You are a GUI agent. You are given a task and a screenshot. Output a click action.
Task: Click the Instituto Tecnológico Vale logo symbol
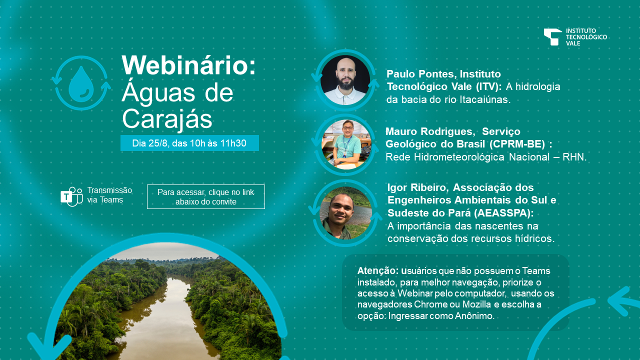[x=552, y=37]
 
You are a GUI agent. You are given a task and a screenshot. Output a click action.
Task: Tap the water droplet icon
[x=81, y=84]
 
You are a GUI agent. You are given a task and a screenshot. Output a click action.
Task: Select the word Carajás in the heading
[x=167, y=119]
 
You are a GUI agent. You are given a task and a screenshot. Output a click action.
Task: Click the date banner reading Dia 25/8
[x=189, y=143]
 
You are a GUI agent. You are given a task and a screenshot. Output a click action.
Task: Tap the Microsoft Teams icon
[x=71, y=196]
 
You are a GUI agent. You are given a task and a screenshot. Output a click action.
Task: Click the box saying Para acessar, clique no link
[x=205, y=197]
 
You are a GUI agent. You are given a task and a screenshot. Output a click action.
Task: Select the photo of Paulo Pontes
[x=345, y=80]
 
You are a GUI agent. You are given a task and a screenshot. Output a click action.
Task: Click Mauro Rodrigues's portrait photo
[x=346, y=144]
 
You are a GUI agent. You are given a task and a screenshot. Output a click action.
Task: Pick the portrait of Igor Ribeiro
[x=345, y=213]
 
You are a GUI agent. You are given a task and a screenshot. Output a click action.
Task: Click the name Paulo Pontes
[x=419, y=74]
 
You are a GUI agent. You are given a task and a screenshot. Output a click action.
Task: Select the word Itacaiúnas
[x=485, y=99]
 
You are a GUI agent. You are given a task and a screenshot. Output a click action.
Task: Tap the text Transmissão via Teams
[x=109, y=195]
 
